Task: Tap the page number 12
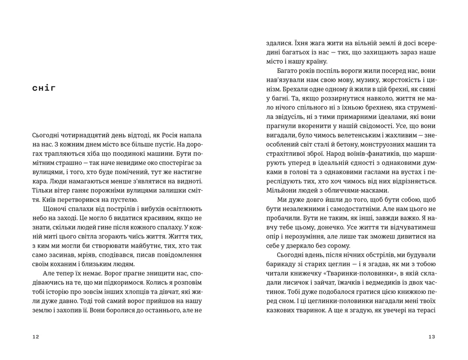[36, 337]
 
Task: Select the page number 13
[431, 337]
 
